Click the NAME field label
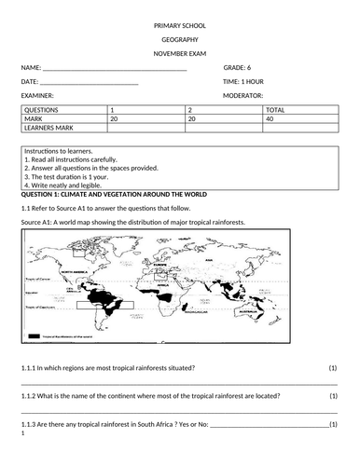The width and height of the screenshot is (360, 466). (31, 68)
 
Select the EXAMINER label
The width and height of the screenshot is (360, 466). (37, 95)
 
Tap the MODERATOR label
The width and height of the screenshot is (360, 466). (243, 95)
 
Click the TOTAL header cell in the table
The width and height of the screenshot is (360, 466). (276, 111)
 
